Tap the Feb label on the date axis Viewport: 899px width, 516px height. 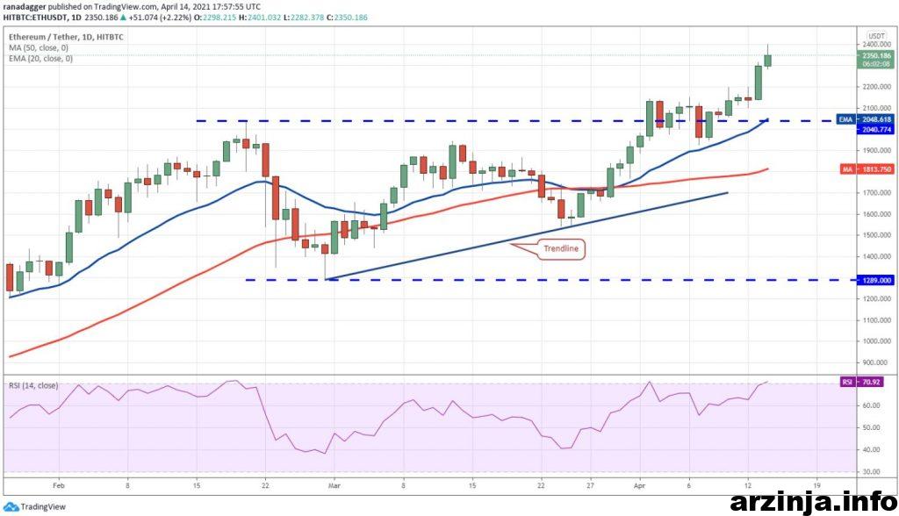coord(59,484)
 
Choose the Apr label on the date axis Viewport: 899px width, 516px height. coord(641,484)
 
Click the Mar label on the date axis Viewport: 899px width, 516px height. coord(334,484)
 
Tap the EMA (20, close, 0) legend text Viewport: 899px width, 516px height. coord(41,59)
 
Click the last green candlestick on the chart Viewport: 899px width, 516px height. coord(767,60)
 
